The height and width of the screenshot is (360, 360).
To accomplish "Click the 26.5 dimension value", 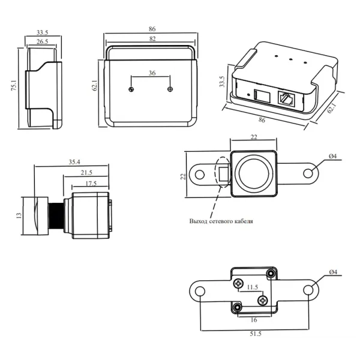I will click(x=43, y=41).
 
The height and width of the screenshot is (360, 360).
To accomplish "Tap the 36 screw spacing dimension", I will click(x=151, y=73).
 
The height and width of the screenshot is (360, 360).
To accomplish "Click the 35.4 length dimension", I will click(x=73, y=161).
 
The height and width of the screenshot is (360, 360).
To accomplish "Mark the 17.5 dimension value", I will click(x=91, y=183).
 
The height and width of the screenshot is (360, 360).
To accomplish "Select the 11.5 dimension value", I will click(x=253, y=288).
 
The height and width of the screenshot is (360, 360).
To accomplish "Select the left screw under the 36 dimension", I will click(x=131, y=89).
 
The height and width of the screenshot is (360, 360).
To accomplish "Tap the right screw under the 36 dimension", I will click(x=171, y=89).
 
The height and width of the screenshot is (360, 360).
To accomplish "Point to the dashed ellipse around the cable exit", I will click(x=221, y=173).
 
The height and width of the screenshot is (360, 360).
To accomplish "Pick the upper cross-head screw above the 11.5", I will click(x=239, y=283).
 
